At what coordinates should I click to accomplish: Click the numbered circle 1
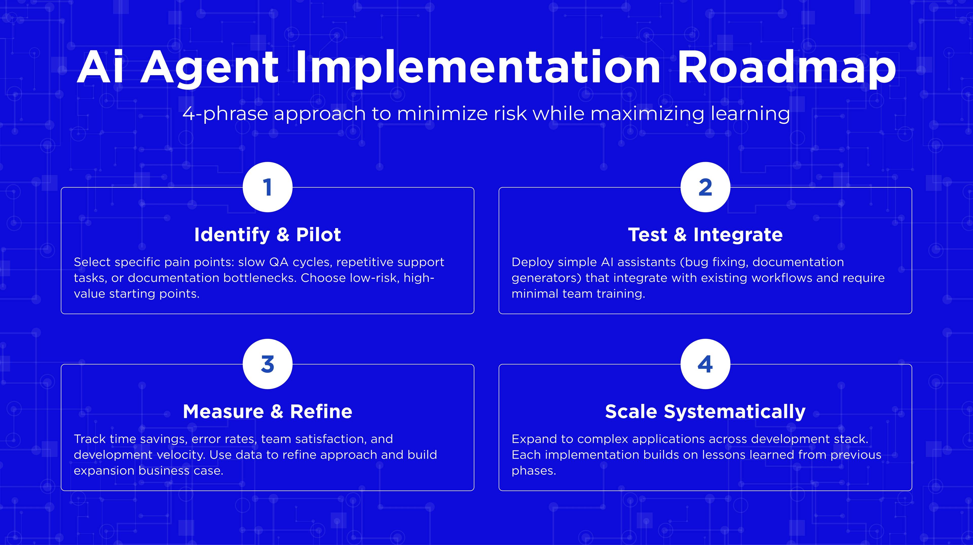coord(267,187)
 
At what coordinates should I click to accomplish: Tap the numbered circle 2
coord(705,187)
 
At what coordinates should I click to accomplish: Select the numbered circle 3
coord(267,364)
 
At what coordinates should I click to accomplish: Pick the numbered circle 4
coord(705,364)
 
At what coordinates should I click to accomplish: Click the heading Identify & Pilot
coord(267,235)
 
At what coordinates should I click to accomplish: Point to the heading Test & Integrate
coord(705,235)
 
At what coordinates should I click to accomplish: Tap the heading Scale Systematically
coord(705,412)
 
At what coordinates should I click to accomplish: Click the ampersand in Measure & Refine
coord(277,412)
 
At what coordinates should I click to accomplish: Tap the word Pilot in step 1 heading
coord(319,235)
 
